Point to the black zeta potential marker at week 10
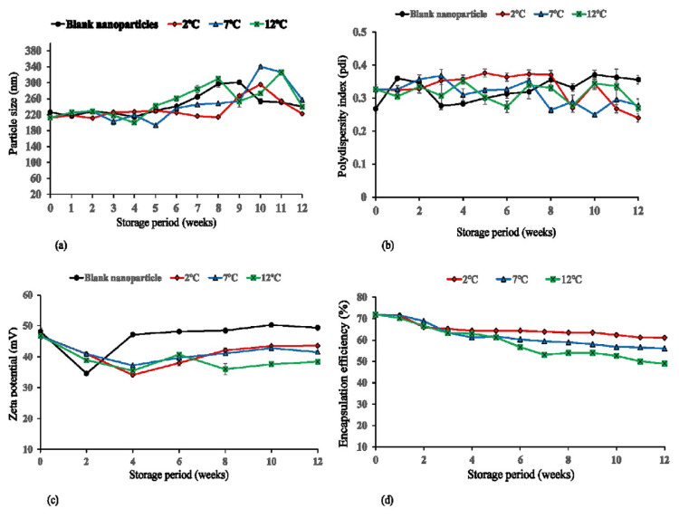point(270,324)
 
